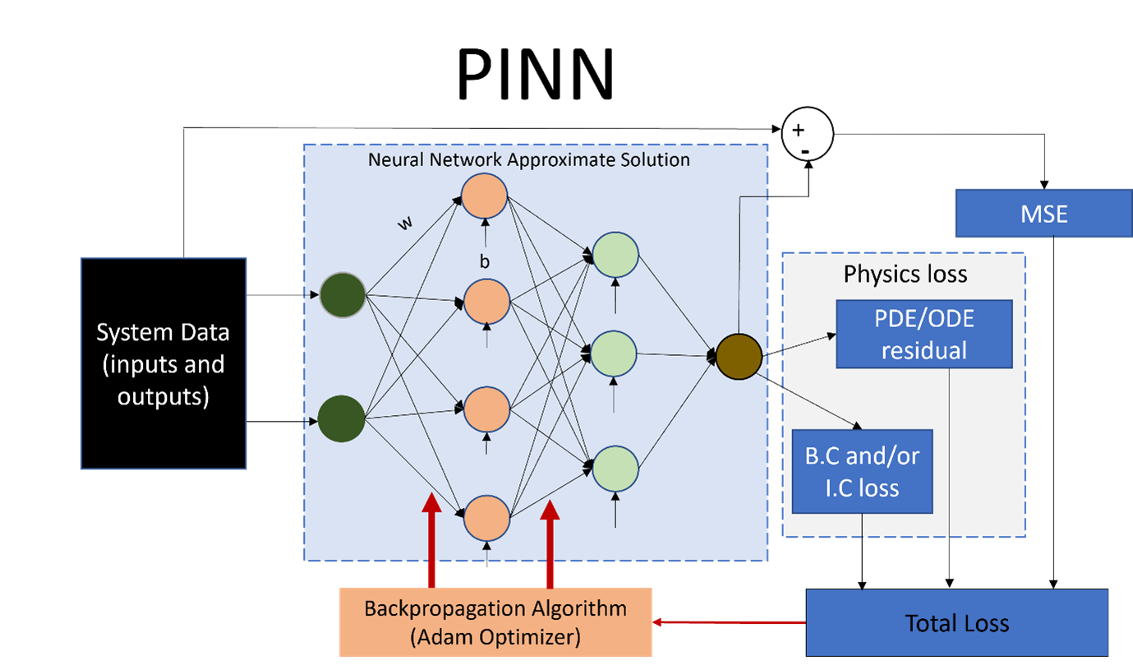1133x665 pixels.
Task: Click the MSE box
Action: coord(1043,214)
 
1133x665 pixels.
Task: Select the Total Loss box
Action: coord(956,622)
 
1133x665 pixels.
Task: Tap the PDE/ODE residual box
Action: coord(923,334)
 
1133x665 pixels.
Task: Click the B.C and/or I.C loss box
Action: coord(862,471)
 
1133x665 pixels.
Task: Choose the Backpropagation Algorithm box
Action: coord(495,621)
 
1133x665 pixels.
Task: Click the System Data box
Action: coord(163,363)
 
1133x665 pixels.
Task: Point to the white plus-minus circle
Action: coord(807,134)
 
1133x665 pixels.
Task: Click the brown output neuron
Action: coord(739,356)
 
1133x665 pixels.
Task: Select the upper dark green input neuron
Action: coord(342,295)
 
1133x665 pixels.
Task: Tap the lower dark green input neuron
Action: coord(342,419)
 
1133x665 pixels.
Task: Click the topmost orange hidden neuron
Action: coord(485,196)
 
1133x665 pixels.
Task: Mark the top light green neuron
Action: coord(615,254)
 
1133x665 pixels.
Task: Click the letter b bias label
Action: coord(485,261)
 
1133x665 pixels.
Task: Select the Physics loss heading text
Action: coord(905,274)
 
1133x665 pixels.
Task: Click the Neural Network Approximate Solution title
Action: coord(528,159)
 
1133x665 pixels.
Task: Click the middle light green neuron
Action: coord(615,353)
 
